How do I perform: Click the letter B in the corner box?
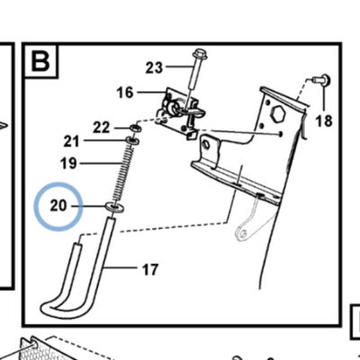point(40,61)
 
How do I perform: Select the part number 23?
point(154,67)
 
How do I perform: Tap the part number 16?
point(125,93)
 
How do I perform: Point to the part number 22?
point(102,128)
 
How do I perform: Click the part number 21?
point(71,141)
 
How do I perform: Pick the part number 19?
point(68,164)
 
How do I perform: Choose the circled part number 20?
point(58,206)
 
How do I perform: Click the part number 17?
point(150,269)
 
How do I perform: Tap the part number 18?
point(324,121)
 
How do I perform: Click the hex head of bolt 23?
point(198,54)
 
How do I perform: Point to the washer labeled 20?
point(115,207)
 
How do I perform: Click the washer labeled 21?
point(132,140)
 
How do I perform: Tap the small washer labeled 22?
point(135,130)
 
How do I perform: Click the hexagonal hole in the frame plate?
point(277,113)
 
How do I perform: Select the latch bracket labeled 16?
point(177,112)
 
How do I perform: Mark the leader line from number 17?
point(119,267)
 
